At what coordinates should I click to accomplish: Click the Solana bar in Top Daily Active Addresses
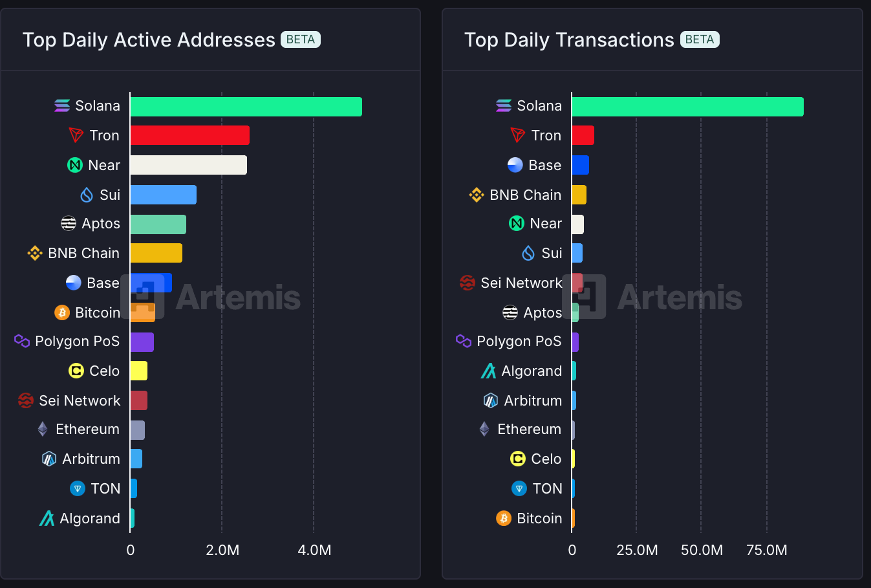pos(246,107)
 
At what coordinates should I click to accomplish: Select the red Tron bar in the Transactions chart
pos(583,135)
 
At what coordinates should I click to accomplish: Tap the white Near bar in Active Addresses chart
pos(188,165)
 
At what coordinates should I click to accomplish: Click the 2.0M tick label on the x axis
pos(222,550)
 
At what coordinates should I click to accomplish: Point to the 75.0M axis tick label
pos(766,550)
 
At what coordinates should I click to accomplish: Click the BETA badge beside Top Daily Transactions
pos(699,39)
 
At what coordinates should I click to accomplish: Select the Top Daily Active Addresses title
pos(149,40)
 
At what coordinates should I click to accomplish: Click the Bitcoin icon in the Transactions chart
pos(504,518)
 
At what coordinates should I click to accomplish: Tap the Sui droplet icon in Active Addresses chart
pos(87,195)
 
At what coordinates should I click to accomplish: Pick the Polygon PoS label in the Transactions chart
pos(519,341)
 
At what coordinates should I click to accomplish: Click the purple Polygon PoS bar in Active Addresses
pos(142,342)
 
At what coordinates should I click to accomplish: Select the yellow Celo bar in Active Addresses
pos(138,371)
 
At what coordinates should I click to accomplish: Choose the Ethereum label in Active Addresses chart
pos(87,429)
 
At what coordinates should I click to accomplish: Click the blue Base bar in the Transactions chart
pos(580,165)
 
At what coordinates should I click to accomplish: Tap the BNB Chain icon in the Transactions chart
pos(477,195)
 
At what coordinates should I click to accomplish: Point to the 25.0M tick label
pos(637,550)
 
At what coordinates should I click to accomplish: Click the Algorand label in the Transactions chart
pos(532,371)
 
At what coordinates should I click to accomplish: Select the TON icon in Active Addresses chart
pos(78,488)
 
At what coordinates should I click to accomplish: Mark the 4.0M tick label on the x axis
pos(314,550)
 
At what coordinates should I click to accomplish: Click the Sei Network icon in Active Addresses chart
pos(26,400)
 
